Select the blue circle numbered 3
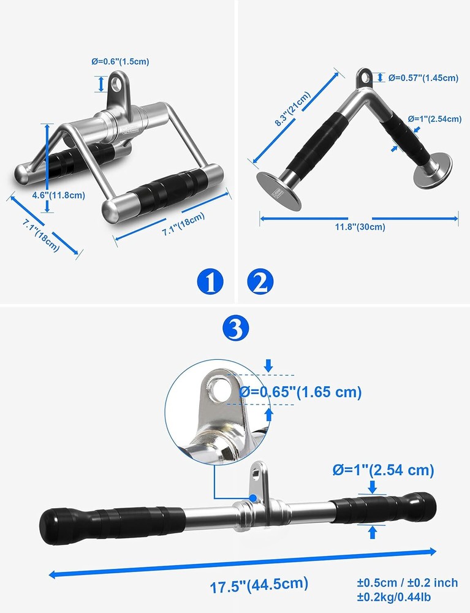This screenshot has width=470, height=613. point(235,329)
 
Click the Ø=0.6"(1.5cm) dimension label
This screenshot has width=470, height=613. point(120,61)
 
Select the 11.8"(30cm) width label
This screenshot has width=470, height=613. point(359,227)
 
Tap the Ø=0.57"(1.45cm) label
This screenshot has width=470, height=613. point(423,78)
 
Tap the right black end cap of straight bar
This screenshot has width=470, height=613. point(424,504)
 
